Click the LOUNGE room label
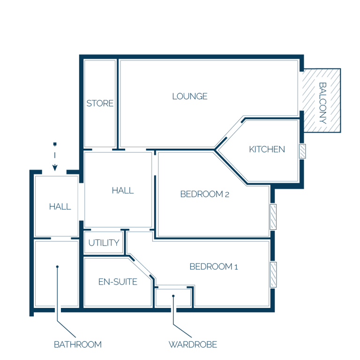[x=190, y=97]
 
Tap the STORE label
[x=100, y=103]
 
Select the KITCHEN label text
[x=267, y=150]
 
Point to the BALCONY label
[x=322, y=103]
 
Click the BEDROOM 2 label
[x=204, y=194]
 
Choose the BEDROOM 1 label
[x=214, y=267]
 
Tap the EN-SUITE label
[x=118, y=282]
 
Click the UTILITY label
[x=104, y=243]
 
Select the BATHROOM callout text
[x=78, y=345]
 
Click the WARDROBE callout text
[x=193, y=345]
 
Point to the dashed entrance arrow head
[x=55, y=168]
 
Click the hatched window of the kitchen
[x=302, y=151]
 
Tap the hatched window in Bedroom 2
[x=273, y=217]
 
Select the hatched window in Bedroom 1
[x=273, y=275]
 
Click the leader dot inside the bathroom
[x=57, y=267]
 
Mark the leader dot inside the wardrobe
[x=173, y=296]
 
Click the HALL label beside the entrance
[x=60, y=207]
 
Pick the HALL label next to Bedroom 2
[x=123, y=191]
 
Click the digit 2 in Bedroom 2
[x=227, y=195]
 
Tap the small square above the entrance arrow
[x=55, y=144]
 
